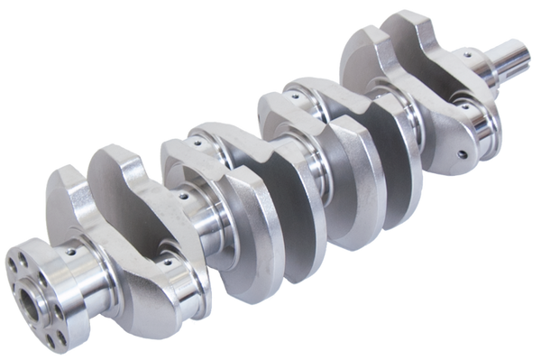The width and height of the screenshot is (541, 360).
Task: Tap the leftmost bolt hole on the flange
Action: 12,265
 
